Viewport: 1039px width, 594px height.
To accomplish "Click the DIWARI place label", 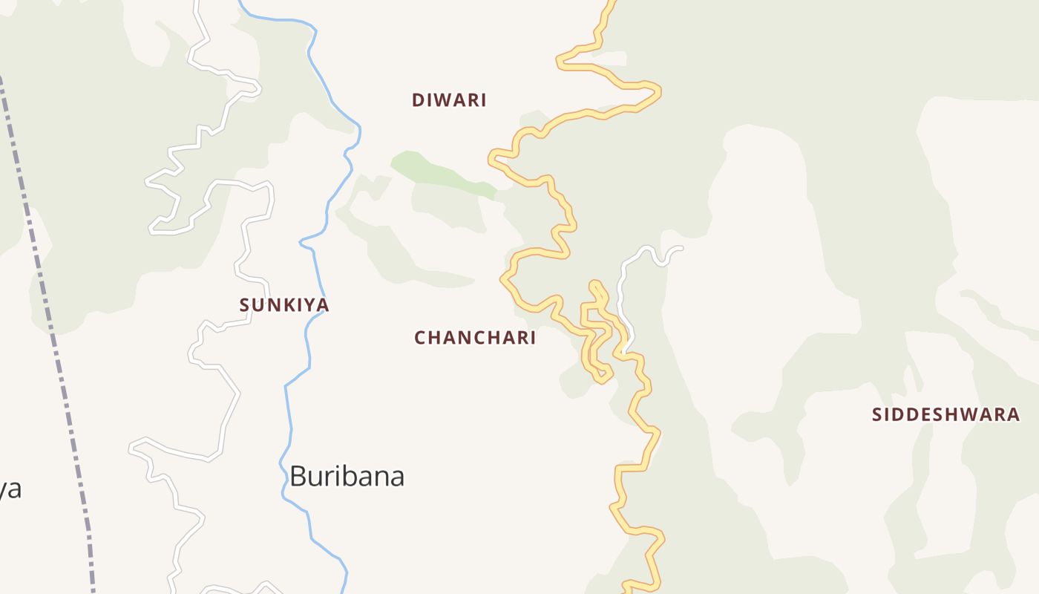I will click(449, 100).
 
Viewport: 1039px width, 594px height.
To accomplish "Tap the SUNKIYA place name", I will click(284, 304).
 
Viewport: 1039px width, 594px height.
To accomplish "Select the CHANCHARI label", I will click(475, 338).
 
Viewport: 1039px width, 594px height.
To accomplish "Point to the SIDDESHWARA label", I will click(945, 414).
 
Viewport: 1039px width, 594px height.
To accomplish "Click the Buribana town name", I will click(347, 476).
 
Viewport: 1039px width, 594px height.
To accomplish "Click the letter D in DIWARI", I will click(418, 100).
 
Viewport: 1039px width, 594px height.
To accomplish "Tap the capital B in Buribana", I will click(298, 476).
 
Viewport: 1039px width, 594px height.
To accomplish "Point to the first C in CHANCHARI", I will click(420, 338).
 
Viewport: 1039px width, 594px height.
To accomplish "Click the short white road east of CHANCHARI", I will click(622, 297).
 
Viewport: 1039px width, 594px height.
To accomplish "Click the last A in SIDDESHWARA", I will click(1014, 414).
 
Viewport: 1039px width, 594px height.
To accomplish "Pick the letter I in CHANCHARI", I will click(532, 338).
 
